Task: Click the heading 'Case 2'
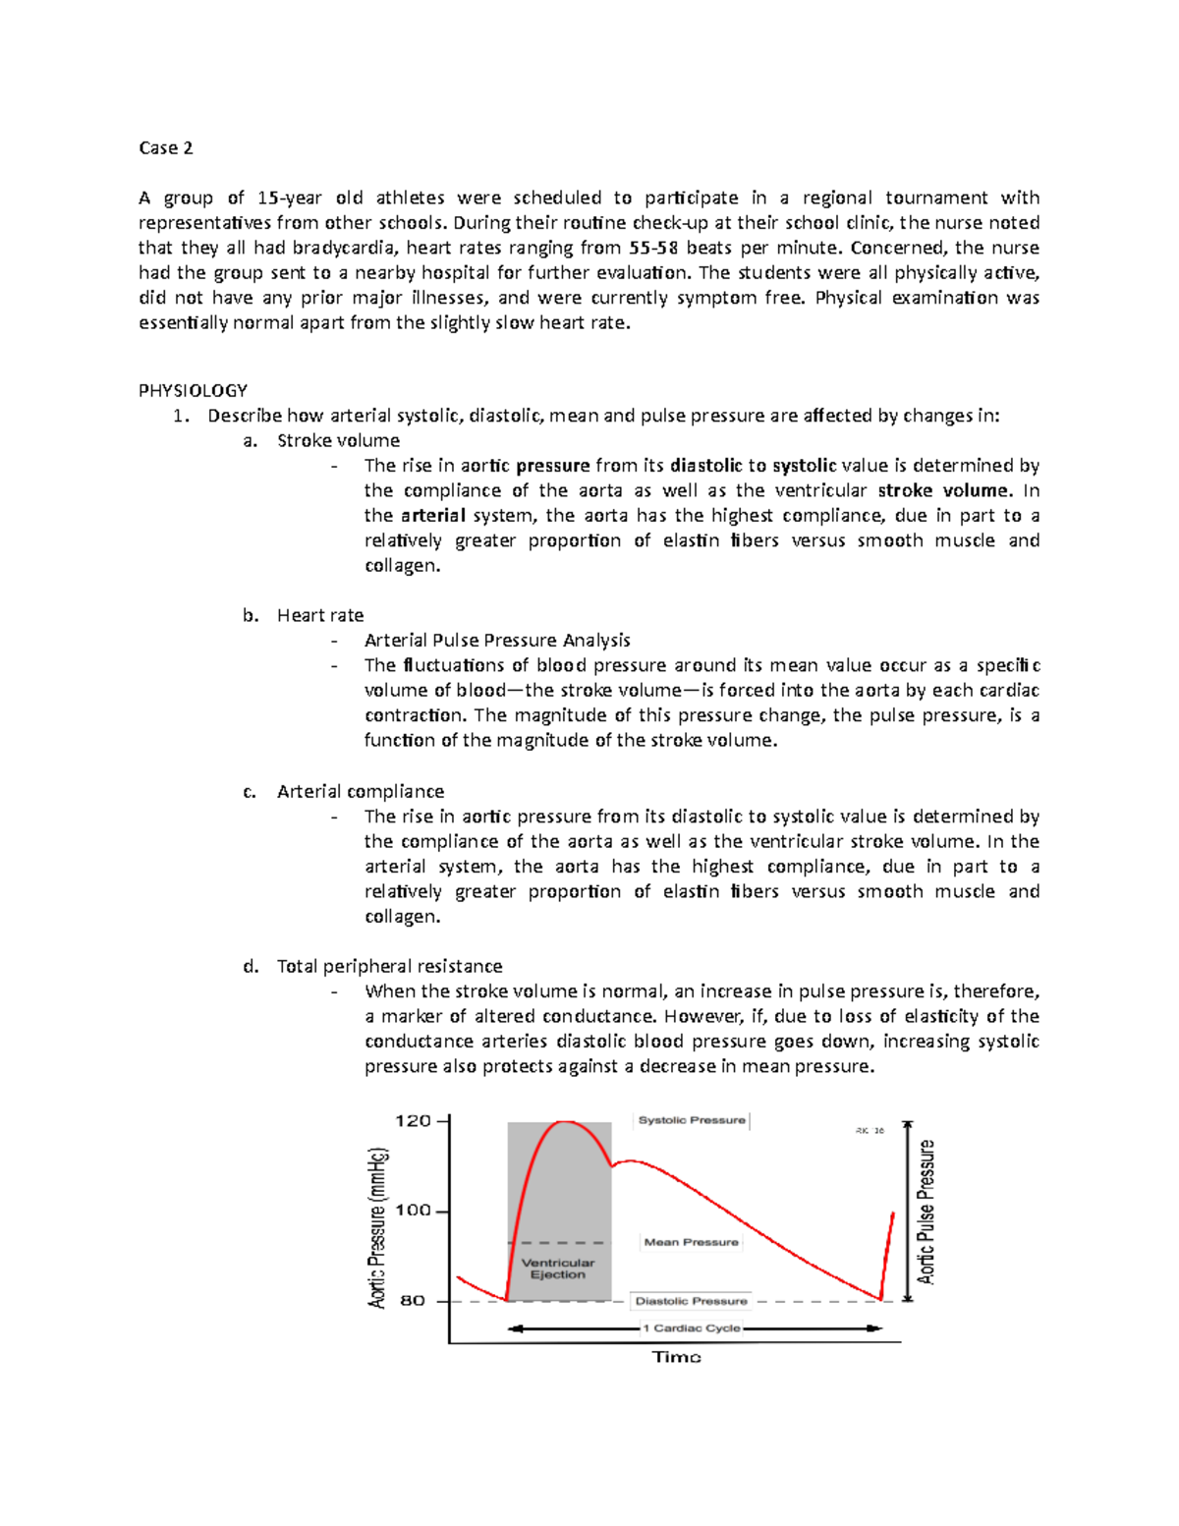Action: click(x=165, y=148)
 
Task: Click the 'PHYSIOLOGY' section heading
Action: click(x=193, y=390)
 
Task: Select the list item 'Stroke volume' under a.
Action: click(x=338, y=440)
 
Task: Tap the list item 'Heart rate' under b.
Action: click(x=319, y=615)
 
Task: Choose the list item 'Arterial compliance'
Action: click(x=360, y=791)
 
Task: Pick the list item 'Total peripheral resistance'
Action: click(x=389, y=966)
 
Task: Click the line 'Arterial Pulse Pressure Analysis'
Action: click(x=497, y=640)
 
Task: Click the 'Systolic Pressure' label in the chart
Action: click(x=692, y=1120)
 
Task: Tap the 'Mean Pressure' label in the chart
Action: click(x=691, y=1242)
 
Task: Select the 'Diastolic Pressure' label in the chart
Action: click(x=691, y=1301)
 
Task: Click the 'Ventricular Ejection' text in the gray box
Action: click(x=557, y=1269)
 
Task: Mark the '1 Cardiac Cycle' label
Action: click(x=692, y=1328)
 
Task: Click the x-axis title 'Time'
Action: click(x=676, y=1357)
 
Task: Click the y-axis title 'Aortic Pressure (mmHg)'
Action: click(x=378, y=1227)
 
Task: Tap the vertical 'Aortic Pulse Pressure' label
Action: click(x=926, y=1212)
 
